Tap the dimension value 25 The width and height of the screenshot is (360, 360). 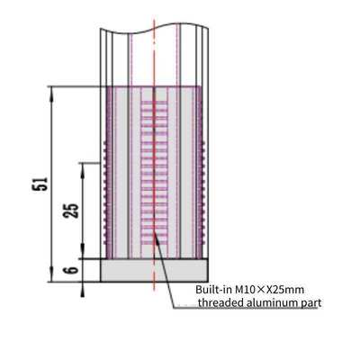pos(73,209)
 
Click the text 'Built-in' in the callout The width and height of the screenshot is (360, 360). pos(214,290)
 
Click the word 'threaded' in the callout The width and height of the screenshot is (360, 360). pos(220,303)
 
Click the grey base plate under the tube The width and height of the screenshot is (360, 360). pos(154,270)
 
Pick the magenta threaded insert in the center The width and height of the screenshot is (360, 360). pos(154,171)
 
